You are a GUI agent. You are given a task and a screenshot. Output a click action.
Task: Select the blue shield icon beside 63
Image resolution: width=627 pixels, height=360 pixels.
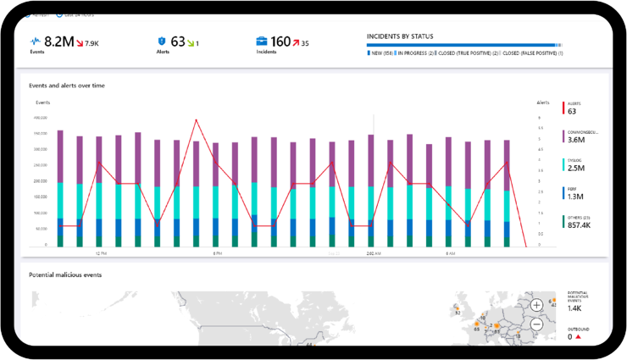tap(161, 41)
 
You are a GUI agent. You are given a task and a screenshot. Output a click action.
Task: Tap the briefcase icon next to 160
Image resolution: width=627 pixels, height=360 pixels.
tap(262, 41)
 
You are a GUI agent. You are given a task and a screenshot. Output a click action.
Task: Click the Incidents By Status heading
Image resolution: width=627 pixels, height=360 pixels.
tap(400, 36)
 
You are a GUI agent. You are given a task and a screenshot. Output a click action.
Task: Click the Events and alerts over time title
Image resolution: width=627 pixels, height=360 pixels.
tap(67, 86)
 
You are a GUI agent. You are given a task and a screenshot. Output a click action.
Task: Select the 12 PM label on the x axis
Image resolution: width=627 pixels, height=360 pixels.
tap(100, 253)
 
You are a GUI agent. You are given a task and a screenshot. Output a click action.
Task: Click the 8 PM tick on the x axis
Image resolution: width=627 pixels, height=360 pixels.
tap(217, 253)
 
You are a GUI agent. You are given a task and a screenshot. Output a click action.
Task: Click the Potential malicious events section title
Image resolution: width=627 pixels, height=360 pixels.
tap(65, 275)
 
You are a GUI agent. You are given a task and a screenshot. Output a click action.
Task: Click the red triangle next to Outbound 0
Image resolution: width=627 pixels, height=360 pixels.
tap(579, 337)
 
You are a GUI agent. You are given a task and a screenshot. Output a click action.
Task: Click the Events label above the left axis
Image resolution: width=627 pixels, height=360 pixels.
tap(42, 102)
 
